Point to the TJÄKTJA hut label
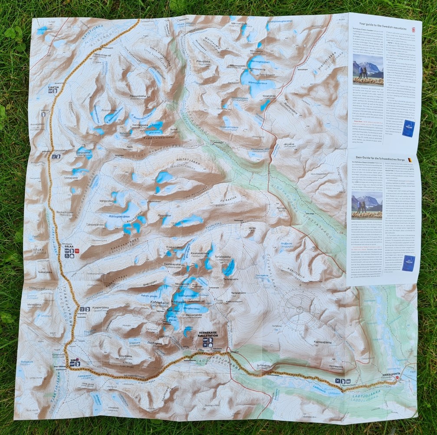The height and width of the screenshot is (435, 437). click(x=54, y=86)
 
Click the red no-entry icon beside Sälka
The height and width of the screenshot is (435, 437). click(x=76, y=251)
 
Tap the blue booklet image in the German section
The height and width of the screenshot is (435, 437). click(x=408, y=263)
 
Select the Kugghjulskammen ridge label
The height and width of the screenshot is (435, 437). click(x=143, y=137)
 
